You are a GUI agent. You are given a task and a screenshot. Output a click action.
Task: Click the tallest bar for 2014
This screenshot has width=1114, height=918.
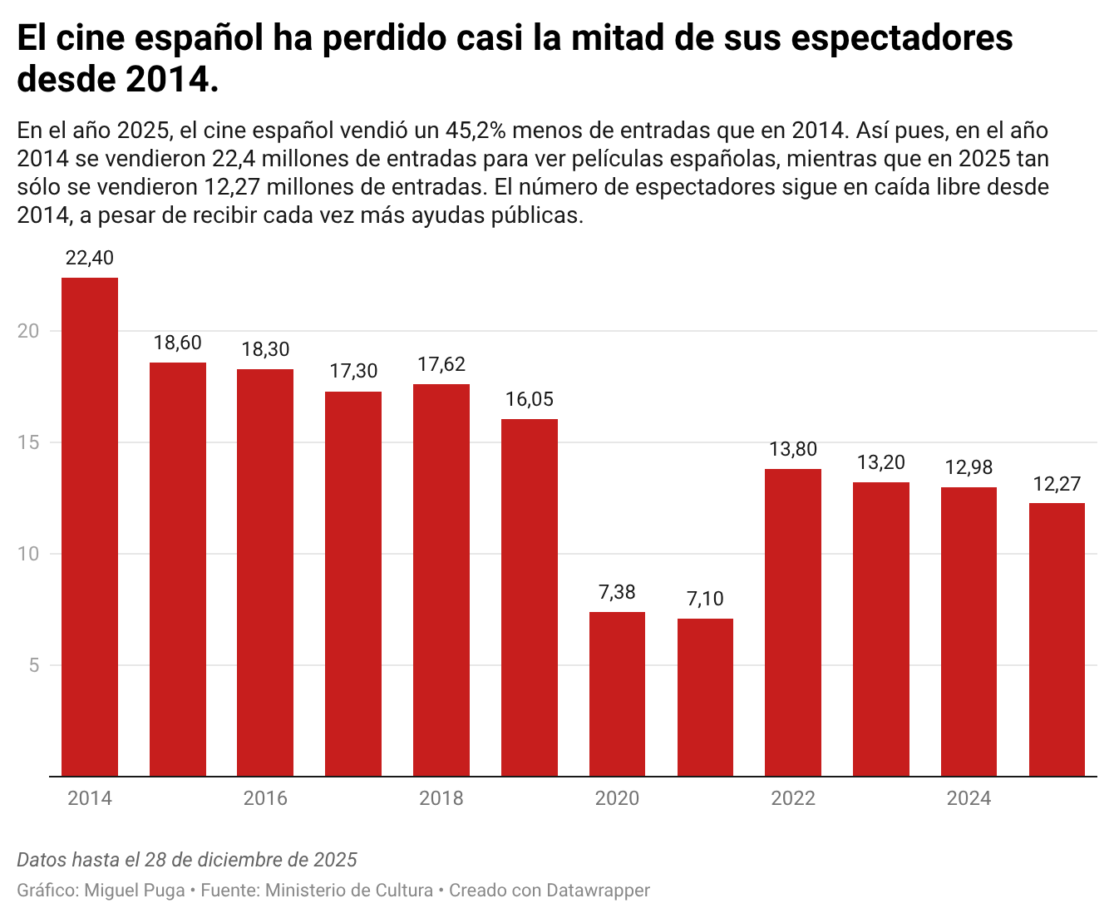click(x=90, y=526)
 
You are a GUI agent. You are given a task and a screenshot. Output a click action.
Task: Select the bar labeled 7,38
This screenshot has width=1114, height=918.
click(x=617, y=693)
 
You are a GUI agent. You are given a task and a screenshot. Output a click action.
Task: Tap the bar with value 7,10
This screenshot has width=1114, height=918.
click(x=705, y=697)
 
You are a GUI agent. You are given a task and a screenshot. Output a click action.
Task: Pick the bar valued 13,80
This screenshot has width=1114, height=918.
click(x=793, y=622)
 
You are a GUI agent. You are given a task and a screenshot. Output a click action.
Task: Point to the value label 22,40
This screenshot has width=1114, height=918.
click(x=90, y=258)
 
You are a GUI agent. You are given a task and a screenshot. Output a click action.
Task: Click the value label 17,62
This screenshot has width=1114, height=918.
click(x=441, y=364)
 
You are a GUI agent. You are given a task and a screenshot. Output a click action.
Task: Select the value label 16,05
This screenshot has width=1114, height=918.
click(x=529, y=399)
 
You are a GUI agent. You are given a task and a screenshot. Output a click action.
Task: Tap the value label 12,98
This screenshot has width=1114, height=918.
click(x=969, y=467)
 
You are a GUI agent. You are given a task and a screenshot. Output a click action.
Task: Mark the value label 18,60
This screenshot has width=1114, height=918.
click(x=178, y=343)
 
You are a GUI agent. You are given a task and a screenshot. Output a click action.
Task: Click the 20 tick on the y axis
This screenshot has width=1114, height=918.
click(x=29, y=331)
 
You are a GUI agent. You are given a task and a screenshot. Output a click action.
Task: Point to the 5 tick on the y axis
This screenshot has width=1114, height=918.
click(x=34, y=665)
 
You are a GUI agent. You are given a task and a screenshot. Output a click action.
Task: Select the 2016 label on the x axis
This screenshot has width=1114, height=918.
click(x=265, y=798)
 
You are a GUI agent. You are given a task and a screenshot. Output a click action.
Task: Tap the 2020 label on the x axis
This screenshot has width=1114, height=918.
click(x=617, y=798)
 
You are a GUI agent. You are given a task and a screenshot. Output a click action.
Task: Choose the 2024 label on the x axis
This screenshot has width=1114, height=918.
click(x=969, y=798)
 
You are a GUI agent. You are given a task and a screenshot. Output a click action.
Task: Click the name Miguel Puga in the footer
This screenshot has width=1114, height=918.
click(x=135, y=891)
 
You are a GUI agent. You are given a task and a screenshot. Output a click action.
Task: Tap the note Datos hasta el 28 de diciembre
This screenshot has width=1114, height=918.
click(x=187, y=860)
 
